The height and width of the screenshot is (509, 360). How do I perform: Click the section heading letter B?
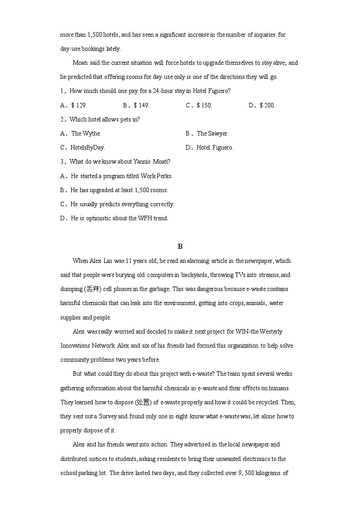[180, 247]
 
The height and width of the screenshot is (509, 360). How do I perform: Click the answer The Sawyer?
[212, 133]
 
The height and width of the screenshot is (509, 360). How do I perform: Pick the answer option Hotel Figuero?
[214, 147]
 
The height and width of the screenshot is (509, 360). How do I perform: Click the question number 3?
[62, 162]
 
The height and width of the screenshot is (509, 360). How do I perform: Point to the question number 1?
[62, 91]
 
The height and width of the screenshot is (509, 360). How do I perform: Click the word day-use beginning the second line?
[70, 48]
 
